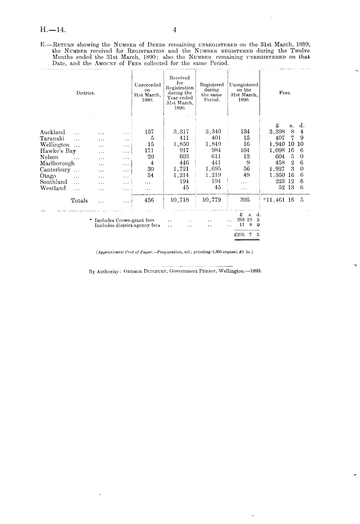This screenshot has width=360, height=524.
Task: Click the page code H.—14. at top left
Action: click(x=53, y=30)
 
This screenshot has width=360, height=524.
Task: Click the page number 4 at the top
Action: click(x=175, y=30)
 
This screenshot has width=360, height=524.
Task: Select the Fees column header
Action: click(x=285, y=93)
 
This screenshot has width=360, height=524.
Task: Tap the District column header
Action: click(x=86, y=93)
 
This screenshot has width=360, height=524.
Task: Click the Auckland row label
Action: click(x=53, y=132)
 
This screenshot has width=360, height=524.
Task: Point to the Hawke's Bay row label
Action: click(x=58, y=151)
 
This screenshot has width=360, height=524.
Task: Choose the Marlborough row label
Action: click(x=57, y=163)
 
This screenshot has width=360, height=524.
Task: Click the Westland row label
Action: click(x=53, y=188)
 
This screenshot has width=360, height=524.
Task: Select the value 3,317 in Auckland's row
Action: click(x=181, y=132)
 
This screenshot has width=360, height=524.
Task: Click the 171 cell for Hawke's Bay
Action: click(x=149, y=150)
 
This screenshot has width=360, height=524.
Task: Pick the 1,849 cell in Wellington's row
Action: click(x=213, y=144)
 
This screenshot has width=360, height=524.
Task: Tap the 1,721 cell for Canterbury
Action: click(x=181, y=169)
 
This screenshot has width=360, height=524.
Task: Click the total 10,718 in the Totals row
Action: click(x=180, y=200)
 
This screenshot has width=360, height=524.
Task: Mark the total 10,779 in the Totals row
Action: click(x=212, y=200)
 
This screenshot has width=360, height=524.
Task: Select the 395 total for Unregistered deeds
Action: click(x=245, y=200)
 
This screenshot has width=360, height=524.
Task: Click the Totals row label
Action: click(x=79, y=201)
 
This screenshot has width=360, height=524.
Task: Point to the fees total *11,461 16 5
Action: click(x=283, y=200)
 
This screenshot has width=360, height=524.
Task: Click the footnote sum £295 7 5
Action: click(x=247, y=235)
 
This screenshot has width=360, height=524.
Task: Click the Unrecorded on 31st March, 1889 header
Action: click(x=147, y=93)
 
